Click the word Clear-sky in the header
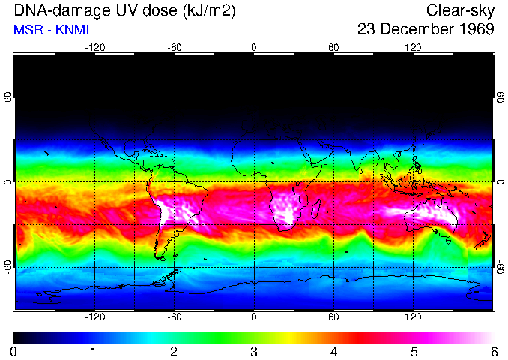tap(460, 10)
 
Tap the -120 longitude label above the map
tap(94, 47)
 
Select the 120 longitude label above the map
tap(413, 47)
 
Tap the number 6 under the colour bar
tap(494, 351)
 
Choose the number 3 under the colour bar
tap(253, 351)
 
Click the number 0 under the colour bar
tap(14, 351)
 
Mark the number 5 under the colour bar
tap(414, 351)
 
